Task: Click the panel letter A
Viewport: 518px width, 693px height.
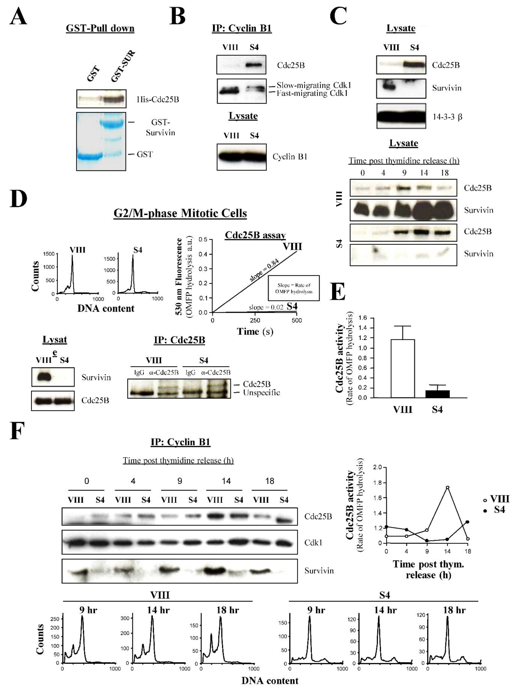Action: click(x=18, y=16)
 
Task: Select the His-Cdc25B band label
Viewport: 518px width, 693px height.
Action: click(x=158, y=100)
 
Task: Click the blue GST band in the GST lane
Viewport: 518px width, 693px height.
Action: click(x=90, y=156)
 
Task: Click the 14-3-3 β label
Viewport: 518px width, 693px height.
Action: click(x=447, y=117)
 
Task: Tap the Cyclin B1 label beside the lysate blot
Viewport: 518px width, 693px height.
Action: click(x=290, y=157)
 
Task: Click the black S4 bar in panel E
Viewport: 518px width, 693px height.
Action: click(x=438, y=394)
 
